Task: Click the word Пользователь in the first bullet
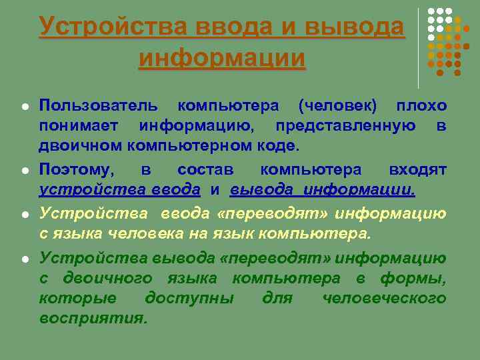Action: click(x=99, y=106)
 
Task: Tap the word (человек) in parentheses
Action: click(x=337, y=106)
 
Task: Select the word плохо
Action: click(x=421, y=106)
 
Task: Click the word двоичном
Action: click(x=77, y=146)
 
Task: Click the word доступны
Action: click(x=189, y=298)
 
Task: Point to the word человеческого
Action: click(x=384, y=298)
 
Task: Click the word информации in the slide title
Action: click(x=222, y=58)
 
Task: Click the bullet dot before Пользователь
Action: click(x=24, y=107)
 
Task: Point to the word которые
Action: click(x=78, y=298)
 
